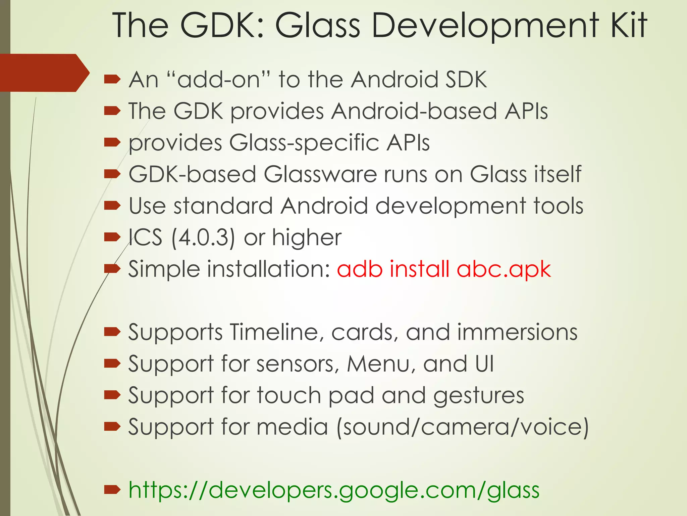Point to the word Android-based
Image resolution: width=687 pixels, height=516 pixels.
point(414,111)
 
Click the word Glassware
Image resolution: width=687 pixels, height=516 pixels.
point(320,174)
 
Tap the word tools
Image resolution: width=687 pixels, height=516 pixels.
point(558,206)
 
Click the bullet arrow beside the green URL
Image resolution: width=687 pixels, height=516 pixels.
point(112,490)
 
